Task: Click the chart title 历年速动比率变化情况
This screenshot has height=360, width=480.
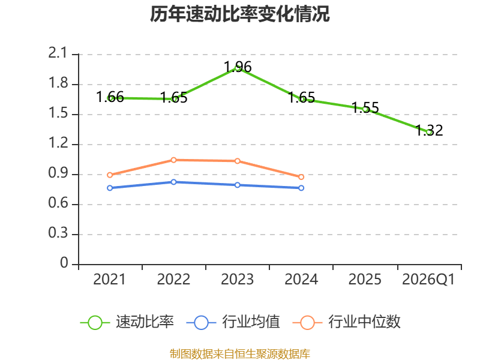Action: coord(239,14)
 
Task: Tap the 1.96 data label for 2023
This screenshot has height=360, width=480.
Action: coord(238,67)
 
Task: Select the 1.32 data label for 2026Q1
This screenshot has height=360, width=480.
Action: coord(429,130)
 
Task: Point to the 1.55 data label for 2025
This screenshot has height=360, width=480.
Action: coord(365,107)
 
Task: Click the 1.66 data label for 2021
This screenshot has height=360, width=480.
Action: coord(110,97)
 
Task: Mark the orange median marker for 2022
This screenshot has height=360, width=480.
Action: coord(173,160)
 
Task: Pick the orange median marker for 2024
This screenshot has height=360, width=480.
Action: coord(301,177)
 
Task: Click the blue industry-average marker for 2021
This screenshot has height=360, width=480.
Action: coord(110,188)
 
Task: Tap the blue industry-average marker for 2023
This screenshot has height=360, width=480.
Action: coord(238,185)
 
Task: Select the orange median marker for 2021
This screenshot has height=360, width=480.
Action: coord(110,175)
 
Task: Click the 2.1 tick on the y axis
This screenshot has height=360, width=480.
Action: coord(58,53)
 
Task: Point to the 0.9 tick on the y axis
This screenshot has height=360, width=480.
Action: coord(58,173)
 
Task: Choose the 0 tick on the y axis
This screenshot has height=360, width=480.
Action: coord(64,263)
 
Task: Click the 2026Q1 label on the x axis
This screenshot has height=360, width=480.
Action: coord(428,280)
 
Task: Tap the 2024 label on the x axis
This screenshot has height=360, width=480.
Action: coord(301,280)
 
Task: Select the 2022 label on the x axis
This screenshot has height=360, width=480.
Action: coord(173,280)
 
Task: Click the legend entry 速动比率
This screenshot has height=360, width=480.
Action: coord(127,322)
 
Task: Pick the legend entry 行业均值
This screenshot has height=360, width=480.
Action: coord(233,322)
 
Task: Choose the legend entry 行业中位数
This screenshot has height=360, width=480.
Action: coord(347,322)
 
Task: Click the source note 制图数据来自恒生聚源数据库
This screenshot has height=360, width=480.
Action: coord(240,353)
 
